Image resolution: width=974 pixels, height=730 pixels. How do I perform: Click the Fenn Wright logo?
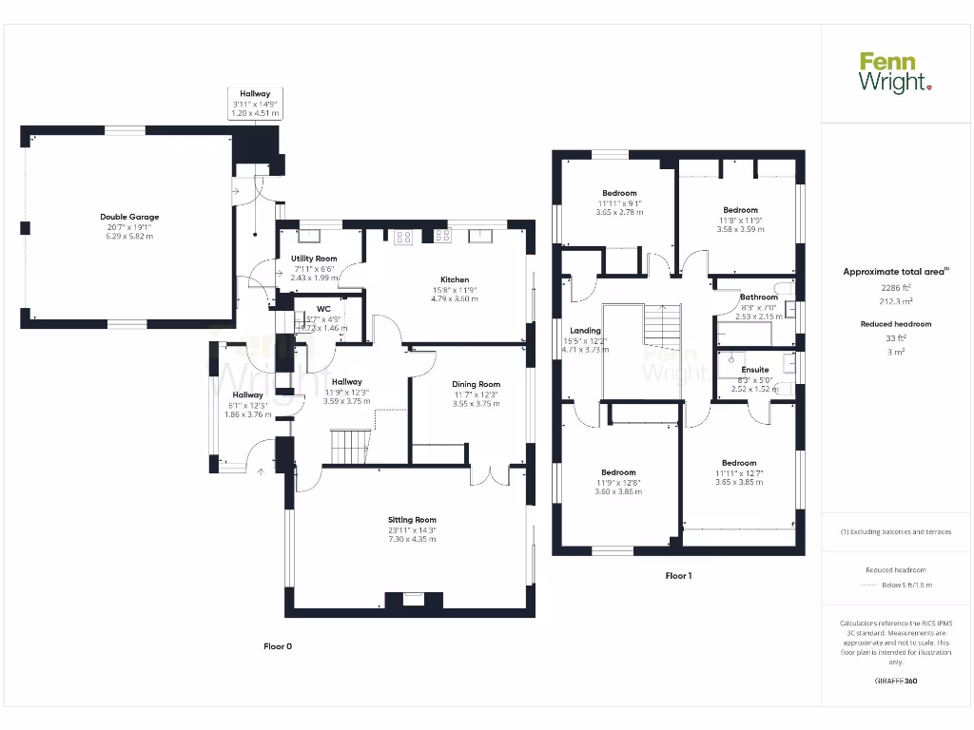(895, 73)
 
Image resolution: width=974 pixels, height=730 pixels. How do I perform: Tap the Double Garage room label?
(129, 217)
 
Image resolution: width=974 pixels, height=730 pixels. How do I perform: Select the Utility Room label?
(314, 259)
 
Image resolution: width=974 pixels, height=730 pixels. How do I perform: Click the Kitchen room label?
(454, 279)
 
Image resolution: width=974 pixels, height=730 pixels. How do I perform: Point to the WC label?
(323, 309)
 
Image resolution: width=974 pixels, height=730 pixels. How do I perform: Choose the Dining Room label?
(476, 384)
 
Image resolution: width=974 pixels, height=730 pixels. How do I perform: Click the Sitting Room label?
(412, 519)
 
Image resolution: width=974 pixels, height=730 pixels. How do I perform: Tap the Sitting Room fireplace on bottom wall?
(413, 600)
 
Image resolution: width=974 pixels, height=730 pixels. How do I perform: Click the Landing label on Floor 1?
(585, 331)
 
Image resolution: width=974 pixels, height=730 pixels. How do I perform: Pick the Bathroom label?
(759, 298)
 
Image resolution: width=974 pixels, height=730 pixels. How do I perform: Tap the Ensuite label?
(755, 369)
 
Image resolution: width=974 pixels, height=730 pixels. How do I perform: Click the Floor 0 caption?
(278, 646)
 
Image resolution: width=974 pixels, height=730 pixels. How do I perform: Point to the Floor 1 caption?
(678, 576)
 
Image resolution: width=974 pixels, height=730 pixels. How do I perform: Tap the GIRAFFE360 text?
(896, 681)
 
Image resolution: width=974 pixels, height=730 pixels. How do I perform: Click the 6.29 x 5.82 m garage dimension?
(129, 236)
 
